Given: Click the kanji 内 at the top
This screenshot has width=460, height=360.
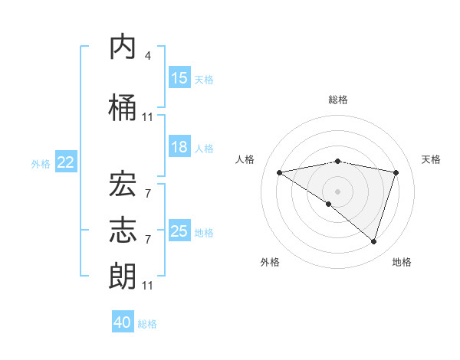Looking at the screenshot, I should pyautogui.click(x=123, y=48).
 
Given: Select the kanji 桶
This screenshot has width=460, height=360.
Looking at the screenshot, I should pyautogui.click(x=123, y=109).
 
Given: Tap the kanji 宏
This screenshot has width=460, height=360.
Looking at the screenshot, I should pyautogui.click(x=123, y=184).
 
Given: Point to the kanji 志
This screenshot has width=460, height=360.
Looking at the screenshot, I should pyautogui.click(x=123, y=230).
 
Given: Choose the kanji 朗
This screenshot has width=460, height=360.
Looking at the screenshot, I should pyautogui.click(x=123, y=276).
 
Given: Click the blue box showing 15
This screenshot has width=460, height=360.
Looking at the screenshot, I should pyautogui.click(x=179, y=78).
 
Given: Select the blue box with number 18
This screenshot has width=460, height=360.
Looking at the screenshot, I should pyautogui.click(x=179, y=147).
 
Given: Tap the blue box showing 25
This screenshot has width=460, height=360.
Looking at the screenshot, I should pyautogui.click(x=179, y=231).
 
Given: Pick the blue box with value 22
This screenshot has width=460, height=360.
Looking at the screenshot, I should pyautogui.click(x=66, y=162).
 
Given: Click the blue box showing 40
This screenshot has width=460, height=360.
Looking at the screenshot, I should pyautogui.click(x=123, y=322).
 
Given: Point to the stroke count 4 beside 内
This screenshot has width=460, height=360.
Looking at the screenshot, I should pyautogui.click(x=147, y=56).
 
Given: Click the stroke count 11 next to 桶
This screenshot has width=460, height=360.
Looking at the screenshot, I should pyautogui.click(x=147, y=117).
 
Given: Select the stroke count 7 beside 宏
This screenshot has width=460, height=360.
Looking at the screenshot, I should pyautogui.click(x=147, y=193).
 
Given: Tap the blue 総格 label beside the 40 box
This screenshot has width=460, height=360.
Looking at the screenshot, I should pyautogui.click(x=147, y=324).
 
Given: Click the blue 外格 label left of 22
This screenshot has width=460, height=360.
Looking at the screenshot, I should pyautogui.click(x=41, y=163).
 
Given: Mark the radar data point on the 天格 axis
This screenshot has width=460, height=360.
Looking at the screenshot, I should pyautogui.click(x=396, y=172).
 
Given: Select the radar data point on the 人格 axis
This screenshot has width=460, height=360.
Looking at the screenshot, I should pyautogui.click(x=280, y=172).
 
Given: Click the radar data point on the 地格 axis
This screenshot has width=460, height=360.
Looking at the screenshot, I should pyautogui.click(x=373, y=241).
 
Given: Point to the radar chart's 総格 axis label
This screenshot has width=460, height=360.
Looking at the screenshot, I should pyautogui.click(x=337, y=100).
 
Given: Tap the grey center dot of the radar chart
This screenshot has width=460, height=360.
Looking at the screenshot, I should pyautogui.click(x=337, y=191).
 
